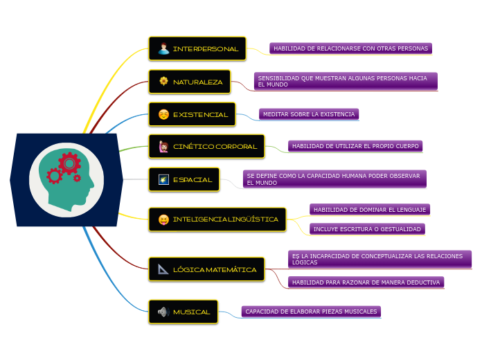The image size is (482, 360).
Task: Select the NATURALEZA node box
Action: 189,82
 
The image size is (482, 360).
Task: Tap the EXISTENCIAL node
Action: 193,114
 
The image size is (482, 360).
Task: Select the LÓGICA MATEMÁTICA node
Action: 206,269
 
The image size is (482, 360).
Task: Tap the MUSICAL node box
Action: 184,312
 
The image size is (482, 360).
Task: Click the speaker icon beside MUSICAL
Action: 163,312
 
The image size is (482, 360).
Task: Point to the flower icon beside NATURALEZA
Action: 163,82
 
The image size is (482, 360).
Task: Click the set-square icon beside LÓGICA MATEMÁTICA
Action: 163,269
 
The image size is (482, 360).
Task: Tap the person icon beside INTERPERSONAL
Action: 163,49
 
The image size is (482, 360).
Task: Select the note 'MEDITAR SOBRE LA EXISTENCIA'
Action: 309,114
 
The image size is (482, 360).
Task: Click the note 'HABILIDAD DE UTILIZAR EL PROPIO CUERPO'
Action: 355,146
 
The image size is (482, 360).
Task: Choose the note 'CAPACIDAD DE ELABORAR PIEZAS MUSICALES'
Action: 311,312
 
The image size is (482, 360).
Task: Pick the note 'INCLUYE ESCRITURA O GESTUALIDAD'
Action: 366,228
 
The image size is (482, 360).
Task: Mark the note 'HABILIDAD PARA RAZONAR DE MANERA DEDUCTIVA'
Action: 366,282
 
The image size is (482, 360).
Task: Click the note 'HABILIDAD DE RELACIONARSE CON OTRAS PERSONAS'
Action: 350,48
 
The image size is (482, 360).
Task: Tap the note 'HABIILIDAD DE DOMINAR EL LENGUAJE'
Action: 370,209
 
